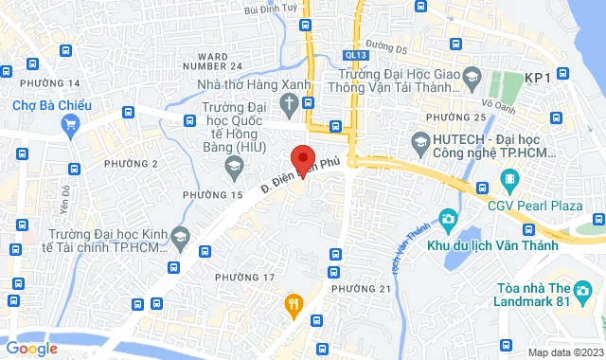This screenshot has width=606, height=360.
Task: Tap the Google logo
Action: tap(32, 349)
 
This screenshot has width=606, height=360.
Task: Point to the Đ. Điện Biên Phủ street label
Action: tap(299, 177)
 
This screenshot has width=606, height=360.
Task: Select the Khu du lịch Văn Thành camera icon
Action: tap(447, 220)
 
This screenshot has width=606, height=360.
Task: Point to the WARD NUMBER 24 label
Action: tap(226, 62)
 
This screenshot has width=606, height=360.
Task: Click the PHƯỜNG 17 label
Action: tap(244, 277)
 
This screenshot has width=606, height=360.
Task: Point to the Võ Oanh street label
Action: tap(496, 106)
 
